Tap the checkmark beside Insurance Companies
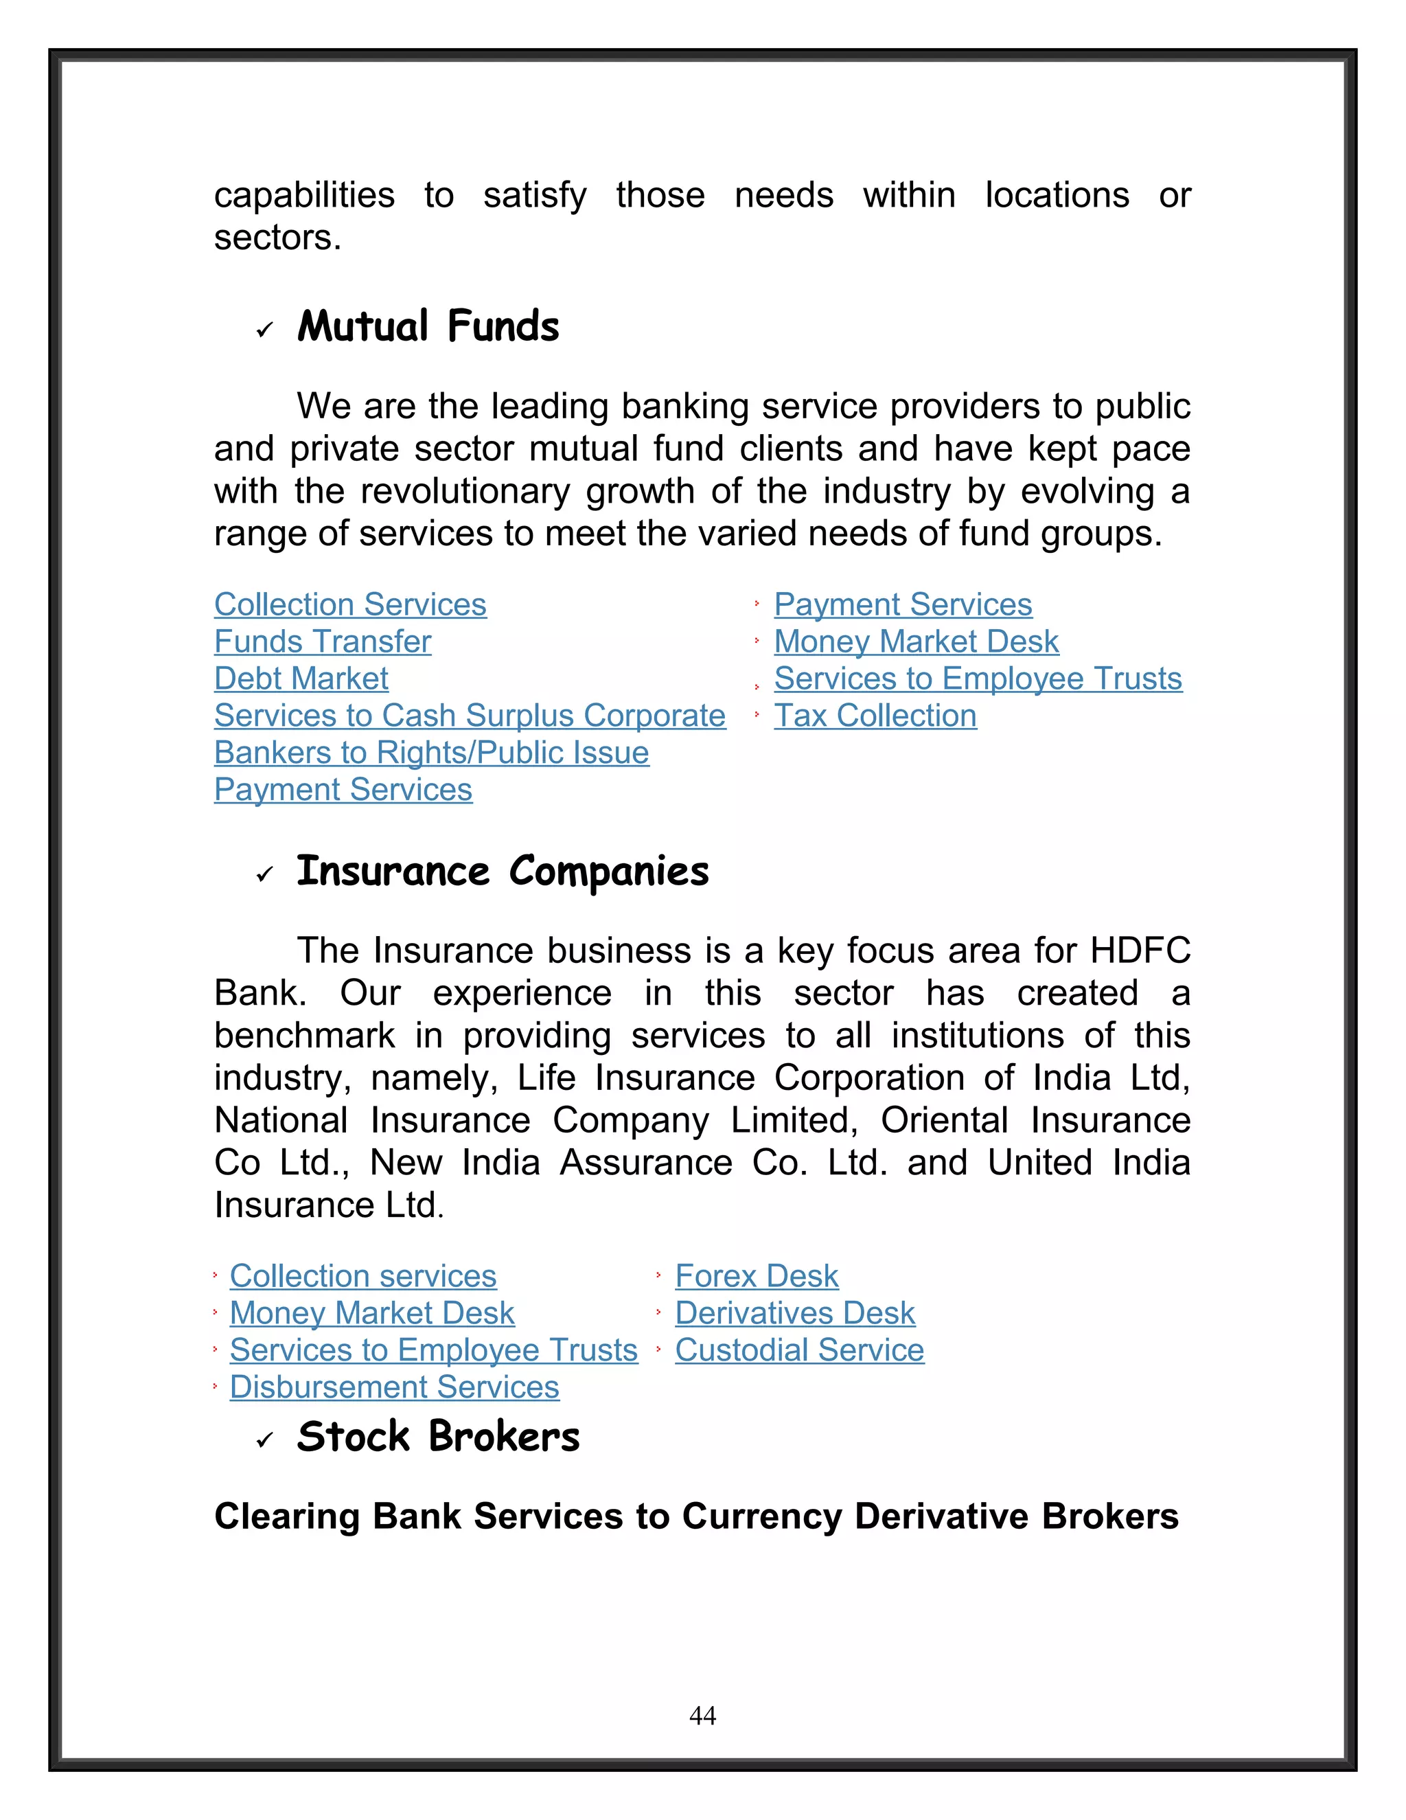click(265, 874)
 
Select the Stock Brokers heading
click(437, 1437)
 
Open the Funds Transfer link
click(323, 641)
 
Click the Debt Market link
click(301, 679)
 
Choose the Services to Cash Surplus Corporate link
click(470, 716)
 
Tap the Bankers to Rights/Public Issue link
click(431, 753)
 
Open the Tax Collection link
click(875, 716)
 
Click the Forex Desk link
click(757, 1276)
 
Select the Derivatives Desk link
click(794, 1313)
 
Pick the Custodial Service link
click(799, 1350)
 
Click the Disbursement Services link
click(394, 1387)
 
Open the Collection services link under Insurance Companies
click(363, 1276)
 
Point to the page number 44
click(702, 1715)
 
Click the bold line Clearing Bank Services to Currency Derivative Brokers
click(696, 1516)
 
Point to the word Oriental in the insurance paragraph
click(945, 1120)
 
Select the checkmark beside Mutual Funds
click(265, 331)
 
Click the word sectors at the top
click(277, 238)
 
